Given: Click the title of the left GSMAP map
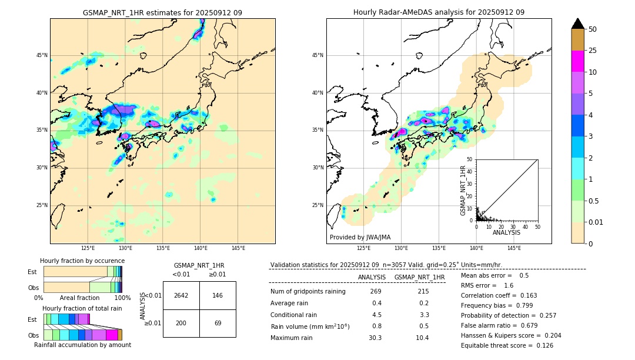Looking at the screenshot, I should coord(162,12).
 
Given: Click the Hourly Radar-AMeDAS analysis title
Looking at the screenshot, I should coord(439,12).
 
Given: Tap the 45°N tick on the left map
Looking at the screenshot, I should coord(42,55).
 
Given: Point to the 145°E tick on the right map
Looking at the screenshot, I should coord(514,248).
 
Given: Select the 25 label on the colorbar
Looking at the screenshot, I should coord(593,51).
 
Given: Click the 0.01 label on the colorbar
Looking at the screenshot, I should coord(596,222).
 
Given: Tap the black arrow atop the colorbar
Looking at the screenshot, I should coord(578,24).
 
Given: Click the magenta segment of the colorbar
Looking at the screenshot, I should coord(578,61).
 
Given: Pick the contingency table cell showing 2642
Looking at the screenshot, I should coord(181,295).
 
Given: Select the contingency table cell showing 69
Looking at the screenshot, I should coord(218,324).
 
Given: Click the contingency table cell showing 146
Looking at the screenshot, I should coord(218,295).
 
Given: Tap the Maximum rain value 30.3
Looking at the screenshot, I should coord(375,338).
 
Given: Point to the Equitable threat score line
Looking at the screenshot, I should coord(507,345).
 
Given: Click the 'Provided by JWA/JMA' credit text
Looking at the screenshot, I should coord(360,237).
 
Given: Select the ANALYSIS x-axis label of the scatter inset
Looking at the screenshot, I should coord(506,232).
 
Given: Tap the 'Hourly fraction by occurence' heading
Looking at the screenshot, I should coord(82,261).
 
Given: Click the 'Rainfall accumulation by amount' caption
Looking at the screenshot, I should coord(82,345).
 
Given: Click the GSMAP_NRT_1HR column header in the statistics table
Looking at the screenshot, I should coord(419,277).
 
